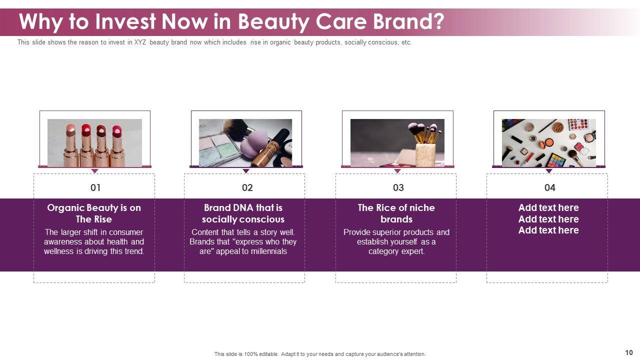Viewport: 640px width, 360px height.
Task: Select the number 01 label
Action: (x=95, y=187)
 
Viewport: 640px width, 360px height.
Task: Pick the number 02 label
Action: (x=247, y=187)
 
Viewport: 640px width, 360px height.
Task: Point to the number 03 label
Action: (x=398, y=187)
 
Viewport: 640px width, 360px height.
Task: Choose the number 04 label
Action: (x=549, y=187)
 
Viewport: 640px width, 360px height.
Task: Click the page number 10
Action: (x=629, y=352)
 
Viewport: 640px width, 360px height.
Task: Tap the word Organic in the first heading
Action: (x=65, y=208)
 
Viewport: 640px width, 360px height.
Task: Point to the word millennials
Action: (x=268, y=251)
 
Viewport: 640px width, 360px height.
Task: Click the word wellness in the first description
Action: (x=59, y=251)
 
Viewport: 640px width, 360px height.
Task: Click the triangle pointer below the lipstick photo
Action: (x=94, y=171)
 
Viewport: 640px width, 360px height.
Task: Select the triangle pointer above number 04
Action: (x=549, y=171)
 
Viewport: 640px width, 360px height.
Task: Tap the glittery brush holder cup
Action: (x=425, y=155)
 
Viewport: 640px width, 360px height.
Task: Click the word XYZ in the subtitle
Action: (x=140, y=42)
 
